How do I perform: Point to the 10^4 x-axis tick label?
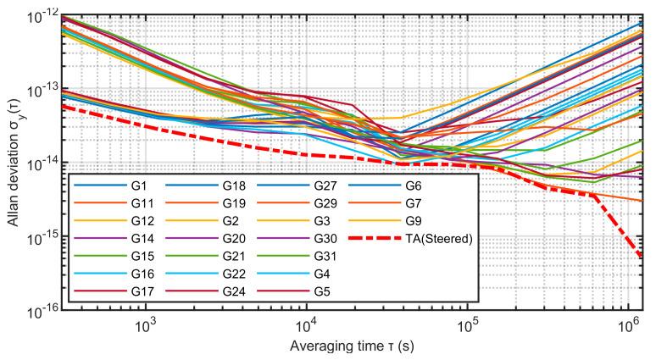pos(306,327)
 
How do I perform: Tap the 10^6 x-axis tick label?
pos(625,327)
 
